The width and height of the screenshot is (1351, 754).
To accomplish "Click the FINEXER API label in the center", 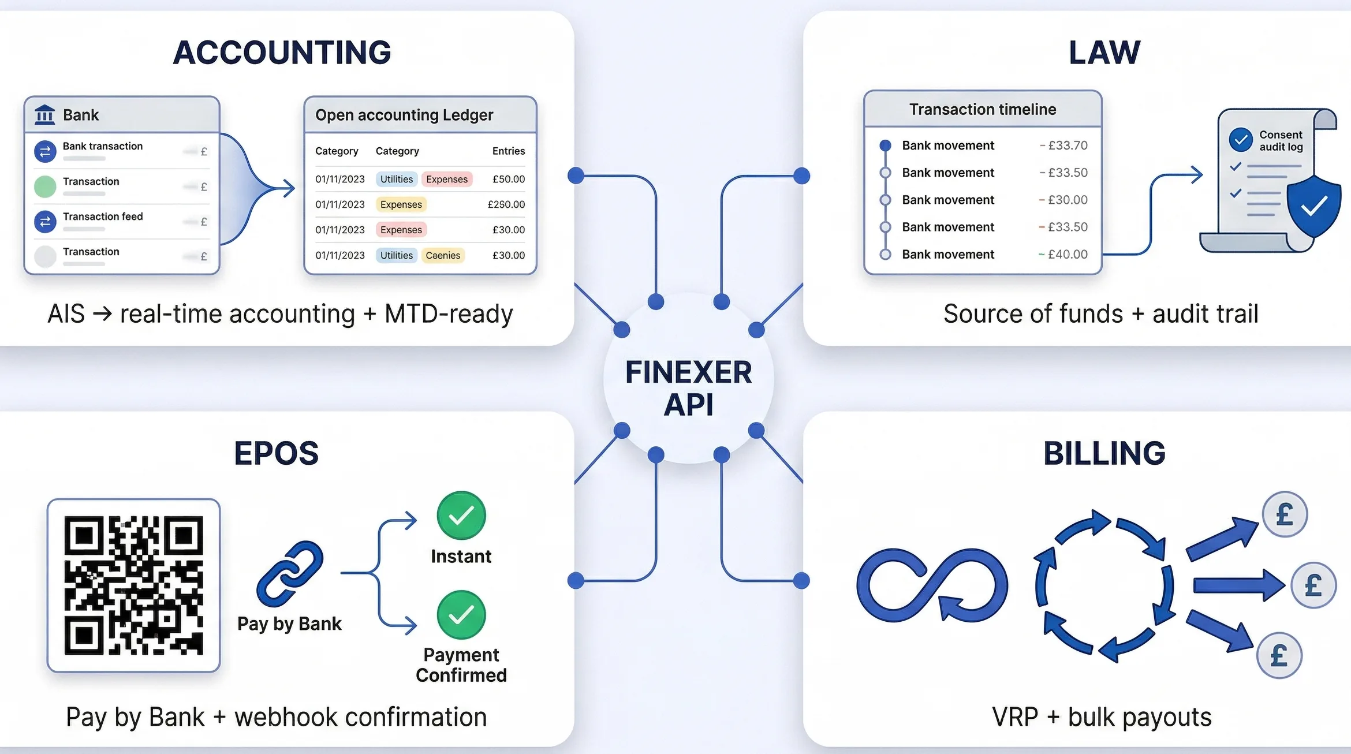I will (688, 387).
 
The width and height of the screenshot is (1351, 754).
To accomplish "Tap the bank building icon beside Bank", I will (45, 115).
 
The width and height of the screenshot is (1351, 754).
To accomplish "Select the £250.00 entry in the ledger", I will (506, 204).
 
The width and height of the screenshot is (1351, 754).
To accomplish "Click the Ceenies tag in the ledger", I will (443, 255).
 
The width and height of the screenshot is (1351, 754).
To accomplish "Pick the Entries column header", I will (508, 151).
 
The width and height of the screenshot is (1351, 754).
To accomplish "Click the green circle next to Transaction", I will (45, 186).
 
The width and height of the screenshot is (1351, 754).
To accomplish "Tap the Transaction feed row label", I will (103, 217).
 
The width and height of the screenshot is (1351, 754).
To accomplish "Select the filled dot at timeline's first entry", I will (885, 145).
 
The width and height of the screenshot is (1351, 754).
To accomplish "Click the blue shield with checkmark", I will (1313, 207).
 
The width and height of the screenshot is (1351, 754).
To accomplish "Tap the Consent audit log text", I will (1281, 140).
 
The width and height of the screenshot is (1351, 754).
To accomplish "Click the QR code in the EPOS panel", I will (133, 585).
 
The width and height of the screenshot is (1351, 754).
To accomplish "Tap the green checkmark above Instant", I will (461, 516).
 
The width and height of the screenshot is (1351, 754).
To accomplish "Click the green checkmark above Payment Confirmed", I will (461, 615).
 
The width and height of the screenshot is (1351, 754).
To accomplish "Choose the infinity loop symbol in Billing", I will (932, 584).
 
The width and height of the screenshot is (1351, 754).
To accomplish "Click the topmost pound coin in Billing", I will (1285, 514).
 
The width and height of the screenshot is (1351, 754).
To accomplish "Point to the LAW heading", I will (1104, 53).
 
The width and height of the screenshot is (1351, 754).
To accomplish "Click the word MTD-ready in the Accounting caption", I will (449, 314).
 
